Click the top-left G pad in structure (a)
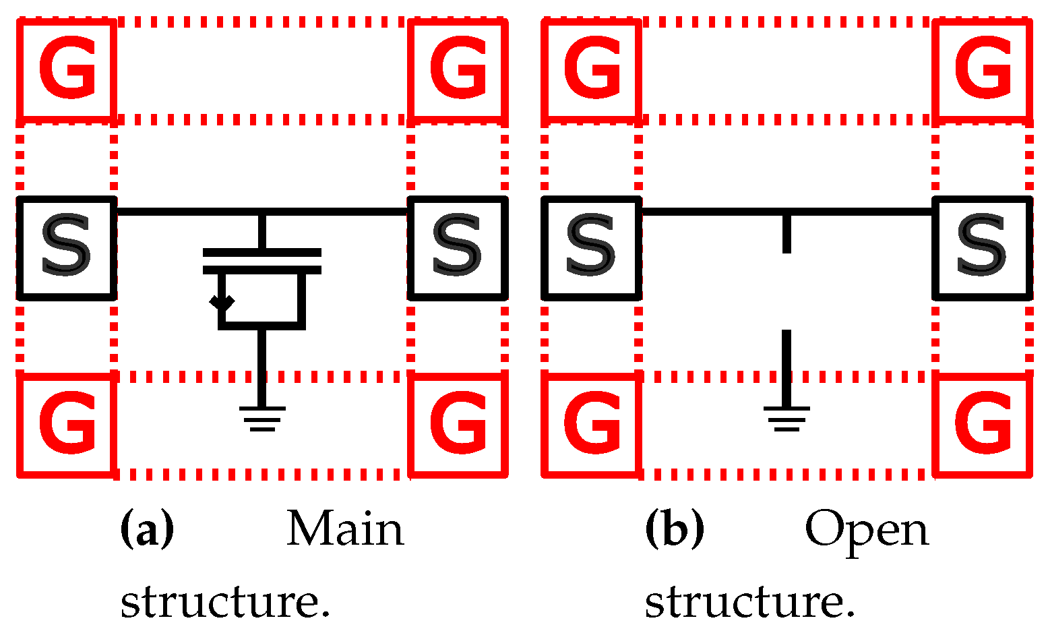(x=66, y=69)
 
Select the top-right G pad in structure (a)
(x=458, y=69)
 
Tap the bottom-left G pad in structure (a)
(x=66, y=425)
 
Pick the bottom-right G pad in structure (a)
(x=458, y=425)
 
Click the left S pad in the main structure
(x=66, y=247)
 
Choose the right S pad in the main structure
(x=458, y=247)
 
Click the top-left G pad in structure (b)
(x=591, y=69)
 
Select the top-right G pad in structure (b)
(x=983, y=69)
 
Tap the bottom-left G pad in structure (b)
(x=591, y=425)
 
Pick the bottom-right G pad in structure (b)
(x=983, y=425)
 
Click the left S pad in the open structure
(x=591, y=247)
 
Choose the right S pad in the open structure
(x=983, y=247)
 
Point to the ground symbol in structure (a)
(x=262, y=417)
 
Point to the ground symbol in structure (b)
(x=787, y=417)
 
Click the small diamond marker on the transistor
(x=222, y=302)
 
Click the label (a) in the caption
(x=147, y=529)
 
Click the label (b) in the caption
(x=674, y=529)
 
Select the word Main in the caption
(x=345, y=529)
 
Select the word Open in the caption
(x=867, y=531)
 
